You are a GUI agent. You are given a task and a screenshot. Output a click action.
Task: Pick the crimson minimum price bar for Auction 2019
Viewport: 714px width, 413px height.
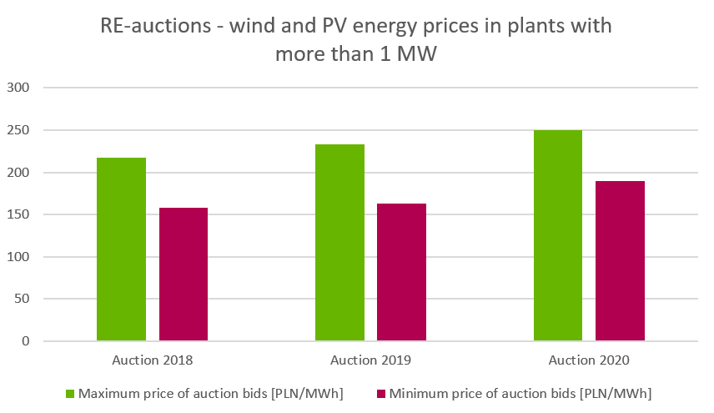click(x=402, y=272)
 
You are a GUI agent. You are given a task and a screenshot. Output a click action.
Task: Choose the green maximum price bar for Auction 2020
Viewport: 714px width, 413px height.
click(x=558, y=235)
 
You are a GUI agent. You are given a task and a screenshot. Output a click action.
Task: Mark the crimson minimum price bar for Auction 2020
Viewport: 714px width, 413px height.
click(x=621, y=260)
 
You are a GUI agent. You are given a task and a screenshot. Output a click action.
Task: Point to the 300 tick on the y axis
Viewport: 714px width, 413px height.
click(x=18, y=88)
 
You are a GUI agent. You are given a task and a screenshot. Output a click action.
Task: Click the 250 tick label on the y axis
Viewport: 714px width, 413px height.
click(x=18, y=130)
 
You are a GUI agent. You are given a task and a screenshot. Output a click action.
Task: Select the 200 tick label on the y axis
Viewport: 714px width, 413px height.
click(x=18, y=173)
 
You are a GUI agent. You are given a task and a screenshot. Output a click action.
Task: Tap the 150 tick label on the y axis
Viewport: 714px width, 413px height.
click(x=18, y=214)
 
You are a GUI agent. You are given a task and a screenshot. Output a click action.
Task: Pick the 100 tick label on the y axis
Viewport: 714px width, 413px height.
click(x=18, y=257)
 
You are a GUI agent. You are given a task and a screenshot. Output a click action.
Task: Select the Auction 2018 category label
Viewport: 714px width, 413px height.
click(x=152, y=361)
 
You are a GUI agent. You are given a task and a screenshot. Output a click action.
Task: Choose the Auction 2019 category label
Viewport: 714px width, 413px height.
click(x=370, y=361)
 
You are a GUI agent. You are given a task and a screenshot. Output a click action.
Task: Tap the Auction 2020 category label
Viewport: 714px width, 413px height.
click(x=589, y=361)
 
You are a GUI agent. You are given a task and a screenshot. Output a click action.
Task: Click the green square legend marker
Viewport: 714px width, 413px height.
click(x=70, y=393)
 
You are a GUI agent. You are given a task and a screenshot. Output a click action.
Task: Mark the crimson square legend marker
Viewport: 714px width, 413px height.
click(x=381, y=393)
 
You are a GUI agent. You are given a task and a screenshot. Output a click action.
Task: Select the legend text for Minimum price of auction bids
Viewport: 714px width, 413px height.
click(x=520, y=393)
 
